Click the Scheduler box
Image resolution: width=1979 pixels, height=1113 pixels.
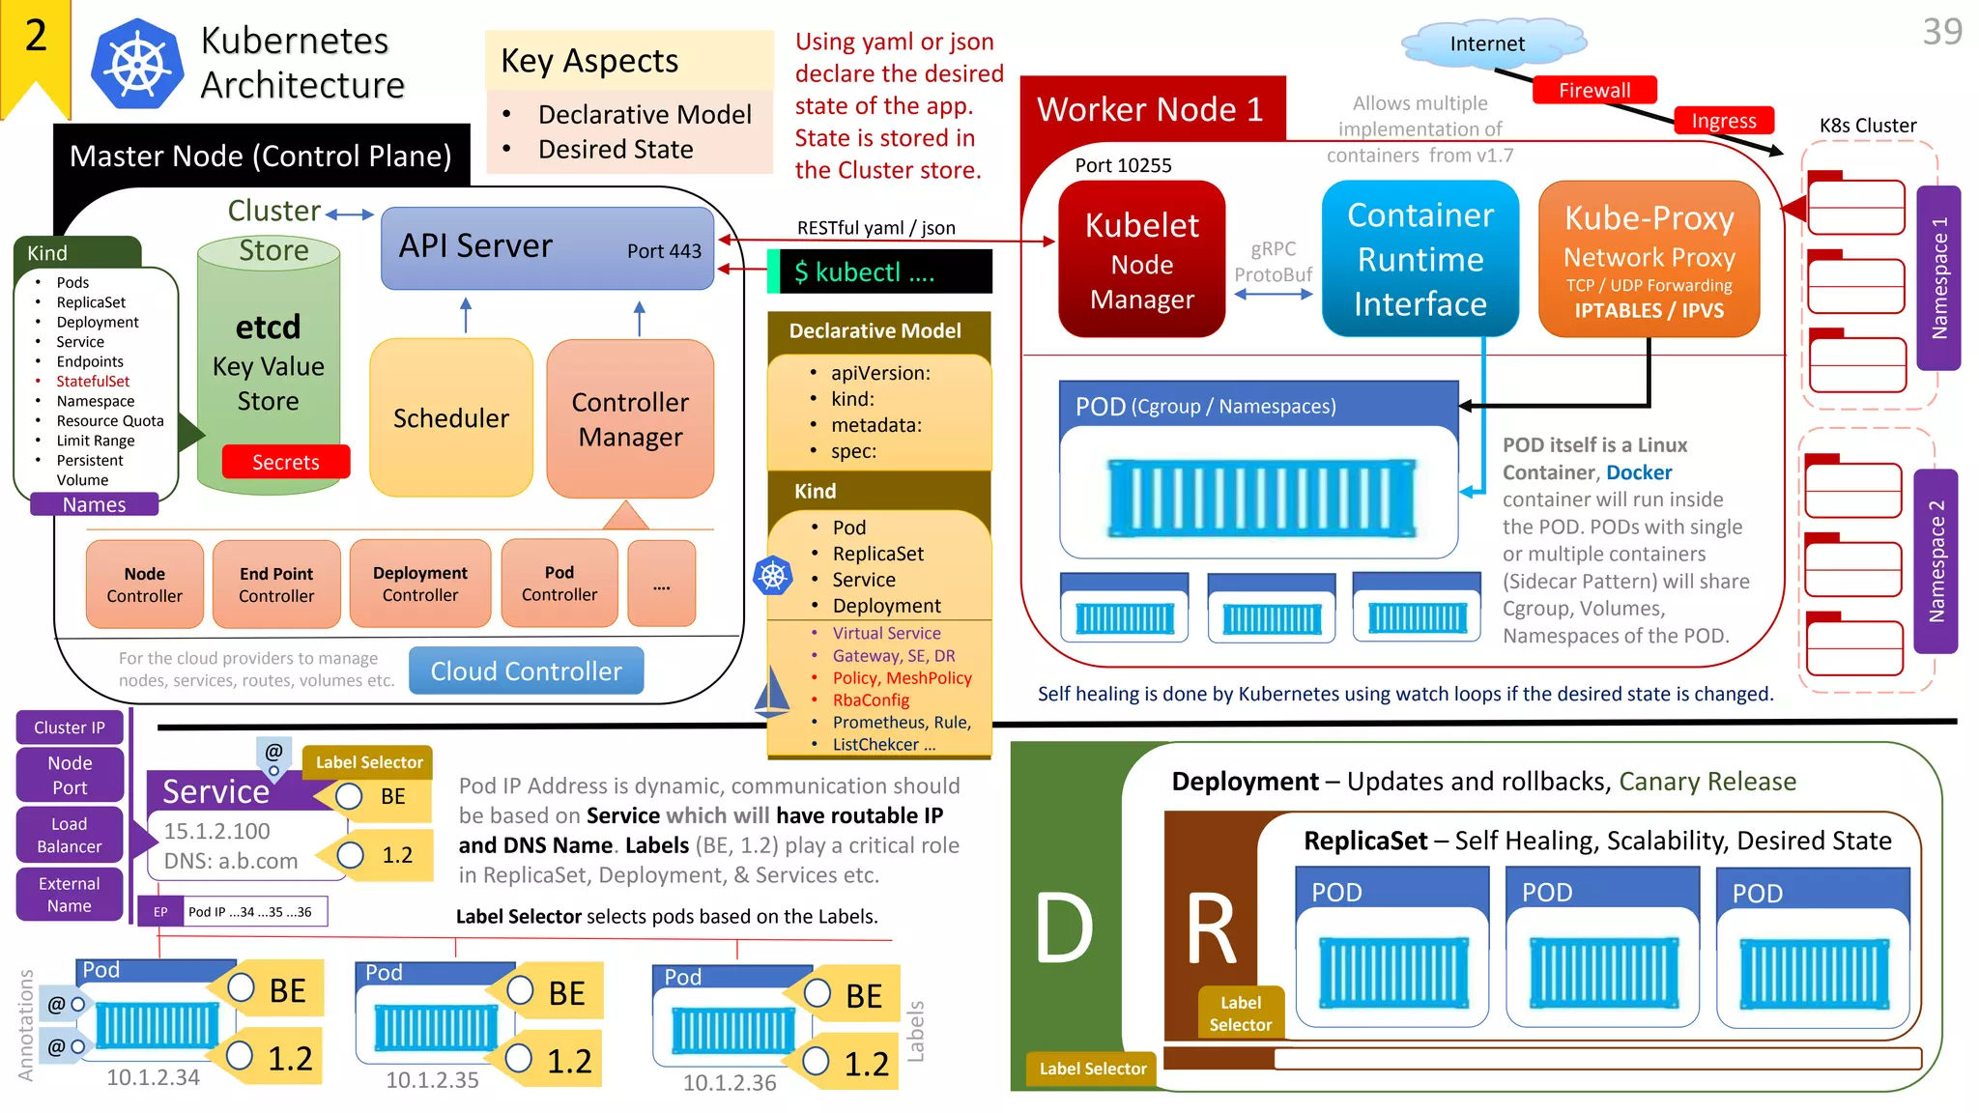point(451,417)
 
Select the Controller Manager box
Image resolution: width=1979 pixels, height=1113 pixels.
point(630,418)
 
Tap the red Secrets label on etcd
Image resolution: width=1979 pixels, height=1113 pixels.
point(285,462)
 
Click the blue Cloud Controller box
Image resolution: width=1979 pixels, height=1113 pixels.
point(526,671)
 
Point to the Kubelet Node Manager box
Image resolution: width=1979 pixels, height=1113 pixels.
point(1141,260)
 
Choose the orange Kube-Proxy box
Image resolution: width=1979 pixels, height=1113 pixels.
point(1649,260)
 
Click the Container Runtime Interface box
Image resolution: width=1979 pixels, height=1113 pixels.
point(1420,259)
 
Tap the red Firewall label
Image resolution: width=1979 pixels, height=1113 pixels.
point(1593,90)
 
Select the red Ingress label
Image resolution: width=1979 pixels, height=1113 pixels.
point(1724,121)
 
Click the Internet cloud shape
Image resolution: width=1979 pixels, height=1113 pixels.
point(1487,43)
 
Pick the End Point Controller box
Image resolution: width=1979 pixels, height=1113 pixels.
point(276,585)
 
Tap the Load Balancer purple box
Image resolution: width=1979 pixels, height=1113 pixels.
point(70,835)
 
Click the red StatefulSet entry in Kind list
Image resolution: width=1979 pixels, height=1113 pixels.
point(93,382)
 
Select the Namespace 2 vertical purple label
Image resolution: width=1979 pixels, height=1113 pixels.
point(1936,561)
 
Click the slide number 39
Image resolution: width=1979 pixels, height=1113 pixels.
point(1941,32)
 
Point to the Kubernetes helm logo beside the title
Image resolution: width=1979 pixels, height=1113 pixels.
point(137,65)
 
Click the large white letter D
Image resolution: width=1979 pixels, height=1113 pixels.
point(1064,927)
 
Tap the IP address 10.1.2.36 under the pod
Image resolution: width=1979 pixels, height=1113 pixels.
point(730,1083)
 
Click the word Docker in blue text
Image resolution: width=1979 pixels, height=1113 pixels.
point(1639,472)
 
